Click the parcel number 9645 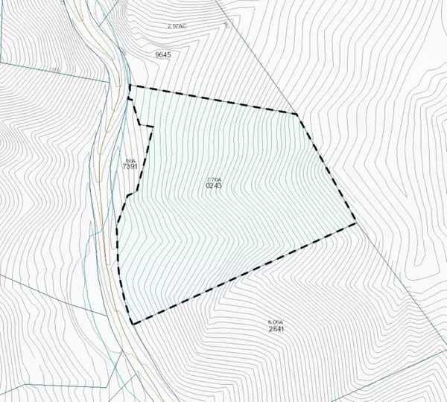click(x=162, y=54)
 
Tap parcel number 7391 click(x=130, y=167)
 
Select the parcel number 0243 click(x=214, y=185)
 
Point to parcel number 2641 click(x=276, y=328)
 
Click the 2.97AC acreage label click(x=177, y=26)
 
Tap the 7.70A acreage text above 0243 click(x=214, y=178)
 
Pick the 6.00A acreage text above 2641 click(x=275, y=321)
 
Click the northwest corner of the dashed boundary click(x=130, y=86)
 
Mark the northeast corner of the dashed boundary click(x=297, y=114)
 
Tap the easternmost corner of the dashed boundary click(x=355, y=222)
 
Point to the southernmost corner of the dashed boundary click(x=133, y=323)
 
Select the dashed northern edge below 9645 click(x=216, y=100)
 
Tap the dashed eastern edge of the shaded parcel click(x=326, y=168)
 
